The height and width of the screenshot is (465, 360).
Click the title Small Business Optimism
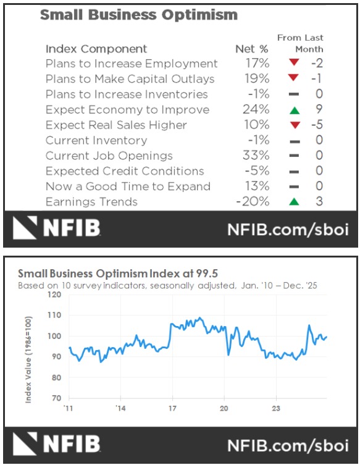[138, 15]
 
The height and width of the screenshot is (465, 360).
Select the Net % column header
[252, 49]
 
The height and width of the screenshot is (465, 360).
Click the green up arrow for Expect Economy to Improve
[293, 110]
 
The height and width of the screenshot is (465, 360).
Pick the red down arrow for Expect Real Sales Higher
[293, 125]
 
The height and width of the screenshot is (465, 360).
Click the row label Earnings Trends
[91, 202]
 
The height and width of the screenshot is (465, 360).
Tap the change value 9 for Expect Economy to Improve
[319, 110]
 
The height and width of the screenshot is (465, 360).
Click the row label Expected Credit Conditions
[125, 171]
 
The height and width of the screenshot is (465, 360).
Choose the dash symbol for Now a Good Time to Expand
[293, 186]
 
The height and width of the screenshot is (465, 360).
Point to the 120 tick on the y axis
[56, 295]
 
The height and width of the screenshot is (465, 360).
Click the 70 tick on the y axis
[57, 398]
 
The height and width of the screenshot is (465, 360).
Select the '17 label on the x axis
[172, 408]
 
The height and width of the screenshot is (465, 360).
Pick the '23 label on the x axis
[276, 408]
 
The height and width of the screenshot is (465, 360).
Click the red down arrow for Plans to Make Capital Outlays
[293, 79]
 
